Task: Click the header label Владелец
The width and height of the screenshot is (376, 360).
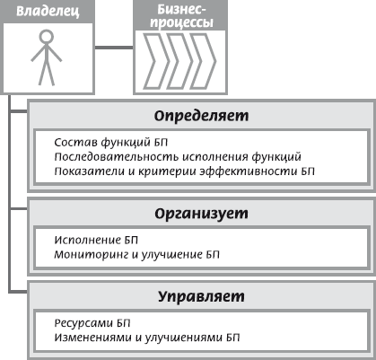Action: click(48, 12)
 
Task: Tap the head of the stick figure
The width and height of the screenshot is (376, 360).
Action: click(47, 36)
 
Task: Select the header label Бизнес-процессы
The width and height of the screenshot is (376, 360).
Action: click(181, 16)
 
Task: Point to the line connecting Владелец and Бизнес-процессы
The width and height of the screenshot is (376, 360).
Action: click(114, 48)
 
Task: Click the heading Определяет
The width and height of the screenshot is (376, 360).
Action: click(201, 116)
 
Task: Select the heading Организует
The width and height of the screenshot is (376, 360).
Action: click(201, 214)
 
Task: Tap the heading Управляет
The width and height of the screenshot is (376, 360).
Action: click(201, 297)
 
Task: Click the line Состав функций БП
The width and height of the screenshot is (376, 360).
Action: click(111, 142)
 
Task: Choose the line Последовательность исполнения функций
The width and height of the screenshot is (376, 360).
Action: click(178, 156)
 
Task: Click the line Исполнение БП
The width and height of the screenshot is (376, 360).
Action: click(96, 240)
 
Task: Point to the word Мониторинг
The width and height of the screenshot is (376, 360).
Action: click(92, 255)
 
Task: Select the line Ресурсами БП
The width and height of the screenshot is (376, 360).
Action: click(92, 323)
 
